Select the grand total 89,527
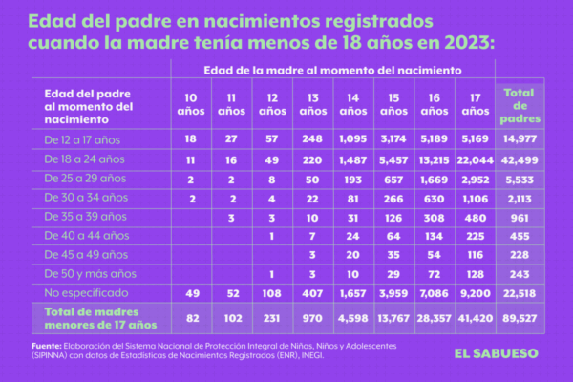coord(522,316)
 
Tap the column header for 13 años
coord(312,104)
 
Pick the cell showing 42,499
coord(522,159)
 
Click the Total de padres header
coord(522,104)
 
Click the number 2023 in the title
coord(435,43)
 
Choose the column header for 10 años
coord(190,104)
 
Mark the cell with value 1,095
coord(352,139)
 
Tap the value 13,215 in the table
coord(432,159)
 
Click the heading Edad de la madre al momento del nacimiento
coord(332,70)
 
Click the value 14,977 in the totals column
coord(522,139)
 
